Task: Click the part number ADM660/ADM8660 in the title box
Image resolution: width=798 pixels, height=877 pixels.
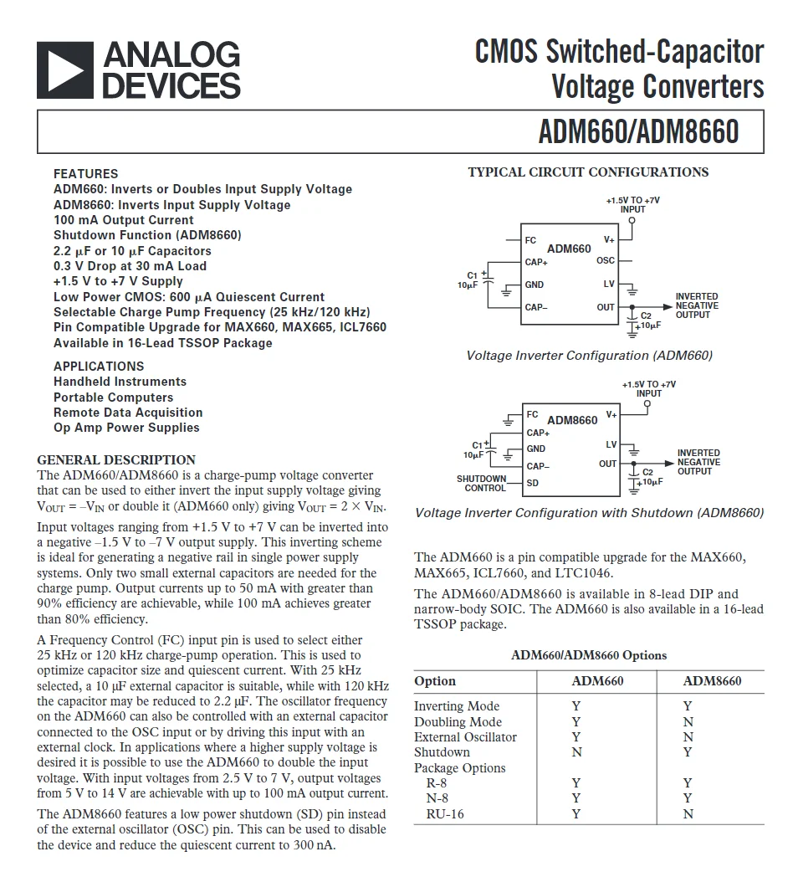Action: click(x=638, y=133)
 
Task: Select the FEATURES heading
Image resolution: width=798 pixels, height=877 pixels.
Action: click(x=85, y=174)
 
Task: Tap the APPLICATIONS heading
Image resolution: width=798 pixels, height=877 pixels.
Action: click(x=99, y=367)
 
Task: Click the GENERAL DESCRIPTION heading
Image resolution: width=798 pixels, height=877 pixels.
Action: click(x=116, y=460)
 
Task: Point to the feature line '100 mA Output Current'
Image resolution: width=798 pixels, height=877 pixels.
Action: click(x=123, y=220)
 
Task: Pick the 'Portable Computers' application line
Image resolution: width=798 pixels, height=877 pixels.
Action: click(x=113, y=397)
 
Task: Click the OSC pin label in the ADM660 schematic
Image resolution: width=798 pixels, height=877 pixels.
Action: click(x=606, y=261)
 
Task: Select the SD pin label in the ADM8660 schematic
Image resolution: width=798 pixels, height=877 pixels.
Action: click(x=532, y=483)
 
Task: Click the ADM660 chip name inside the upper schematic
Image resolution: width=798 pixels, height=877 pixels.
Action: click(x=569, y=249)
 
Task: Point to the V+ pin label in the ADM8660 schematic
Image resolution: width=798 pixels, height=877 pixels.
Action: click(x=611, y=415)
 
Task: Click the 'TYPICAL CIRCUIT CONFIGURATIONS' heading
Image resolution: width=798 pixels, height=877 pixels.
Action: click(x=588, y=172)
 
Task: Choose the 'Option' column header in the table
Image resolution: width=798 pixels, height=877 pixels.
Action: click(x=435, y=681)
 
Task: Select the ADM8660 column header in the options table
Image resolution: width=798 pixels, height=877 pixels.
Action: click(x=712, y=681)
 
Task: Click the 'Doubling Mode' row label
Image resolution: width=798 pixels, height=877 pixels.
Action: click(x=458, y=722)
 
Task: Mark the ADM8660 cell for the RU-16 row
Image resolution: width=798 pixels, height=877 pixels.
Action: click(x=688, y=814)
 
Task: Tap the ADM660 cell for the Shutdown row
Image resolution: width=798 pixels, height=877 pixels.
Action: click(x=576, y=752)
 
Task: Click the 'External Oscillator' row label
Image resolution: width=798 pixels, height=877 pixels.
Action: click(x=465, y=737)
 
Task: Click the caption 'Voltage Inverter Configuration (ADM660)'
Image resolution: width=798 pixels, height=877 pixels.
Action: click(x=589, y=356)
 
